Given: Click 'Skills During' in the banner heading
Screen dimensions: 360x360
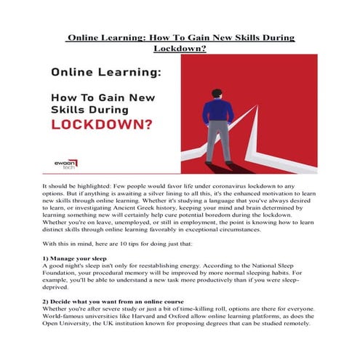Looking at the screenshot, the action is click(x=90, y=108).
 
